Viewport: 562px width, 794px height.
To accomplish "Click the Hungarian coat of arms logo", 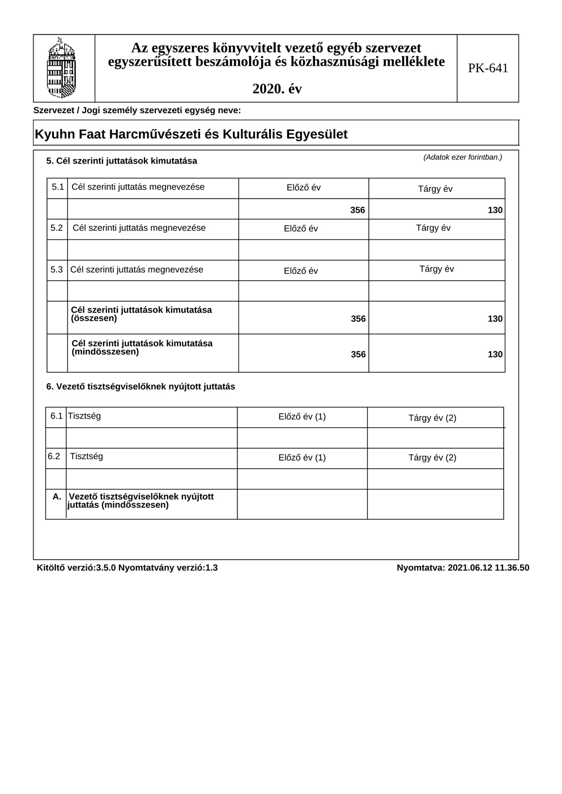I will pos(61,68).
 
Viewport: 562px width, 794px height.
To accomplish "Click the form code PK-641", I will pos(488,68).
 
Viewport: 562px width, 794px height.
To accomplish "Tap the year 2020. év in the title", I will pos(276,89).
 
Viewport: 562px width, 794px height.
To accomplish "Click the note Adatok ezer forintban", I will pos(462,157).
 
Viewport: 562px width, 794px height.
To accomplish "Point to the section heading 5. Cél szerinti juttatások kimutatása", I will pos(122,161).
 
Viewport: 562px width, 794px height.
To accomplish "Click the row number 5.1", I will pos(57,187).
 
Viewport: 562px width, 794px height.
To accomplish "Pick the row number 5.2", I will pos(57,228).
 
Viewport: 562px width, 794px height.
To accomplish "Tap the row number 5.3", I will pos(57,270).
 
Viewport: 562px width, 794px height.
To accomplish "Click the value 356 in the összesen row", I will pos(358,319).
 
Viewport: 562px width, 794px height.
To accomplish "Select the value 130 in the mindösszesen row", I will pos(495,355).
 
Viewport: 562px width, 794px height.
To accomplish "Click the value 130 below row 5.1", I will pos(495,211).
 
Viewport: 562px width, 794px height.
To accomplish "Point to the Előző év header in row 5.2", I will pos(301,229).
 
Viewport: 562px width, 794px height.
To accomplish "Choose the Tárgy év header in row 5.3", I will pos(436,269).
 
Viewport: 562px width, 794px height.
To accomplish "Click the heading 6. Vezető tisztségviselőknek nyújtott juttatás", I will pos(140,387).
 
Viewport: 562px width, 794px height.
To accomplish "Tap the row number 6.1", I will pos(56,417).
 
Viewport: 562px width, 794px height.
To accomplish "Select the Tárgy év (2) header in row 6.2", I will pos(432,458).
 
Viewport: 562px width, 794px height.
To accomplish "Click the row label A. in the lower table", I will pos(57,497).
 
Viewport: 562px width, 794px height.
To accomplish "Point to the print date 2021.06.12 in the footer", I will pos(470,568).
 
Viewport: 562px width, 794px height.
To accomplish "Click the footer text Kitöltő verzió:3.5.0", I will pos(76,568).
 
